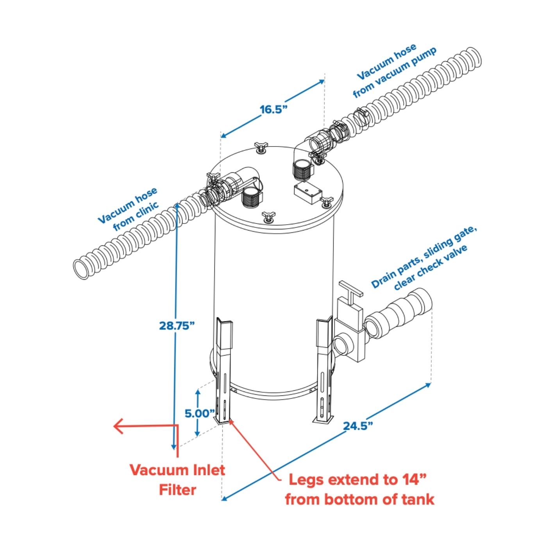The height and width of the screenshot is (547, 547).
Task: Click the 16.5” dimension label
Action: click(273, 109)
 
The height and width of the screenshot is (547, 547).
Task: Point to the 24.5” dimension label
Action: click(358, 425)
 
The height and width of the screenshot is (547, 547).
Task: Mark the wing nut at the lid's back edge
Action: click(260, 148)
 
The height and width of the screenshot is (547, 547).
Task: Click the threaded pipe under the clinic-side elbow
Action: click(251, 197)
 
